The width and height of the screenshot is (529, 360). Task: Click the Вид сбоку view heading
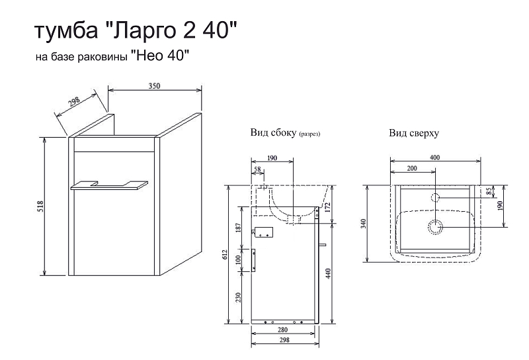point(273,133)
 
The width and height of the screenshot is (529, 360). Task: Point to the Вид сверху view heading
point(414,133)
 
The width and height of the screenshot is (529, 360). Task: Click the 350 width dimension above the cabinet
point(155,85)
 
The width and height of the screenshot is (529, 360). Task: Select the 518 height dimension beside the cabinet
point(40,208)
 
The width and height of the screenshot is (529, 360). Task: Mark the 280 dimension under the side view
point(282,330)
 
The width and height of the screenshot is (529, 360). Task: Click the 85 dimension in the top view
point(489,192)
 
